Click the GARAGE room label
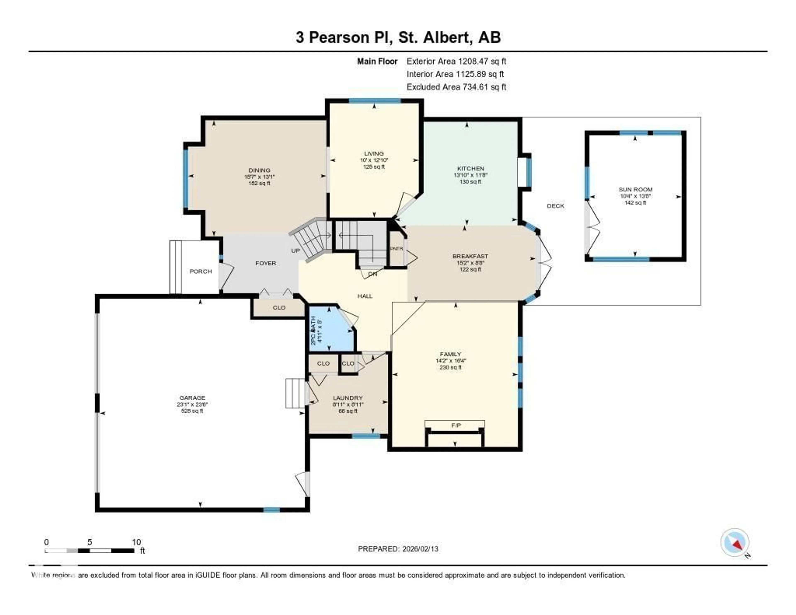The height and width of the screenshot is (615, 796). coord(192,398)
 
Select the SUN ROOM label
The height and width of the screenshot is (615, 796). coord(635,190)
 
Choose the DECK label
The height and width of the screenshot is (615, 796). coord(556,206)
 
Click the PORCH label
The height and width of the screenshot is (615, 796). coord(200,272)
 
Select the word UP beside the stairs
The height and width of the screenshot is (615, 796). coord(295,251)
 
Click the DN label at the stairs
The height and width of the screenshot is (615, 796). coord(373,274)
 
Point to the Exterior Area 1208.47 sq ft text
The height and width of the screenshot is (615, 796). coord(456,61)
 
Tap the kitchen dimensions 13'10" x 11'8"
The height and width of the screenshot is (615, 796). coord(470,175)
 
